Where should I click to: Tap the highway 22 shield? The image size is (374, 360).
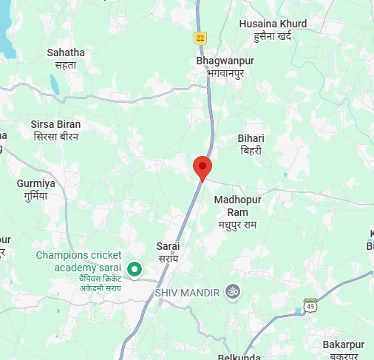[x=200, y=38]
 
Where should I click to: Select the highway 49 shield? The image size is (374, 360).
[x=310, y=305]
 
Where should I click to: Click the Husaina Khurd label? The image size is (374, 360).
[x=273, y=24]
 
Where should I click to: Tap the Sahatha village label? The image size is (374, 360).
[x=66, y=52]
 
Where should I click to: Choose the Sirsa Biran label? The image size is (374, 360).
[x=56, y=124]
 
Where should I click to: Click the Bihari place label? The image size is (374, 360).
[x=251, y=138]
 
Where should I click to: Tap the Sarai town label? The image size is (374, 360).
[x=169, y=245]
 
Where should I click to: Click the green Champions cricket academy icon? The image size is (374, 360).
[x=135, y=270]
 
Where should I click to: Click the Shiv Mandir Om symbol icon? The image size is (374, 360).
[x=234, y=293]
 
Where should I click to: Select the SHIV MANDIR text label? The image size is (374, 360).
[x=188, y=293]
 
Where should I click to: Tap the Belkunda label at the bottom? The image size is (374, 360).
[x=241, y=356]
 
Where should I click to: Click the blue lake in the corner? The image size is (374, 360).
[x=6, y=30]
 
